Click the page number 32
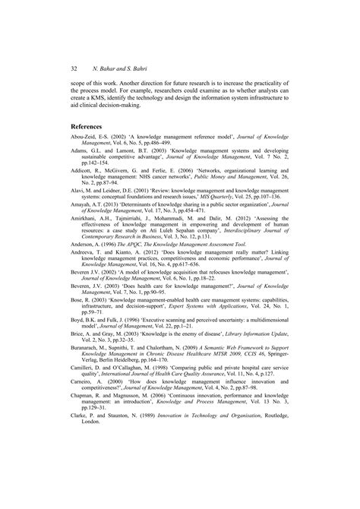point(74,66)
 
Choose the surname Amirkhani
point(86,239)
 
